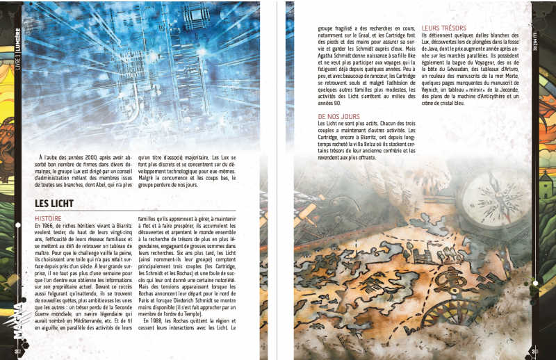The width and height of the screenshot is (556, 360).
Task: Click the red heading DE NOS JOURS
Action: pyautogui.click(x=340, y=115)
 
